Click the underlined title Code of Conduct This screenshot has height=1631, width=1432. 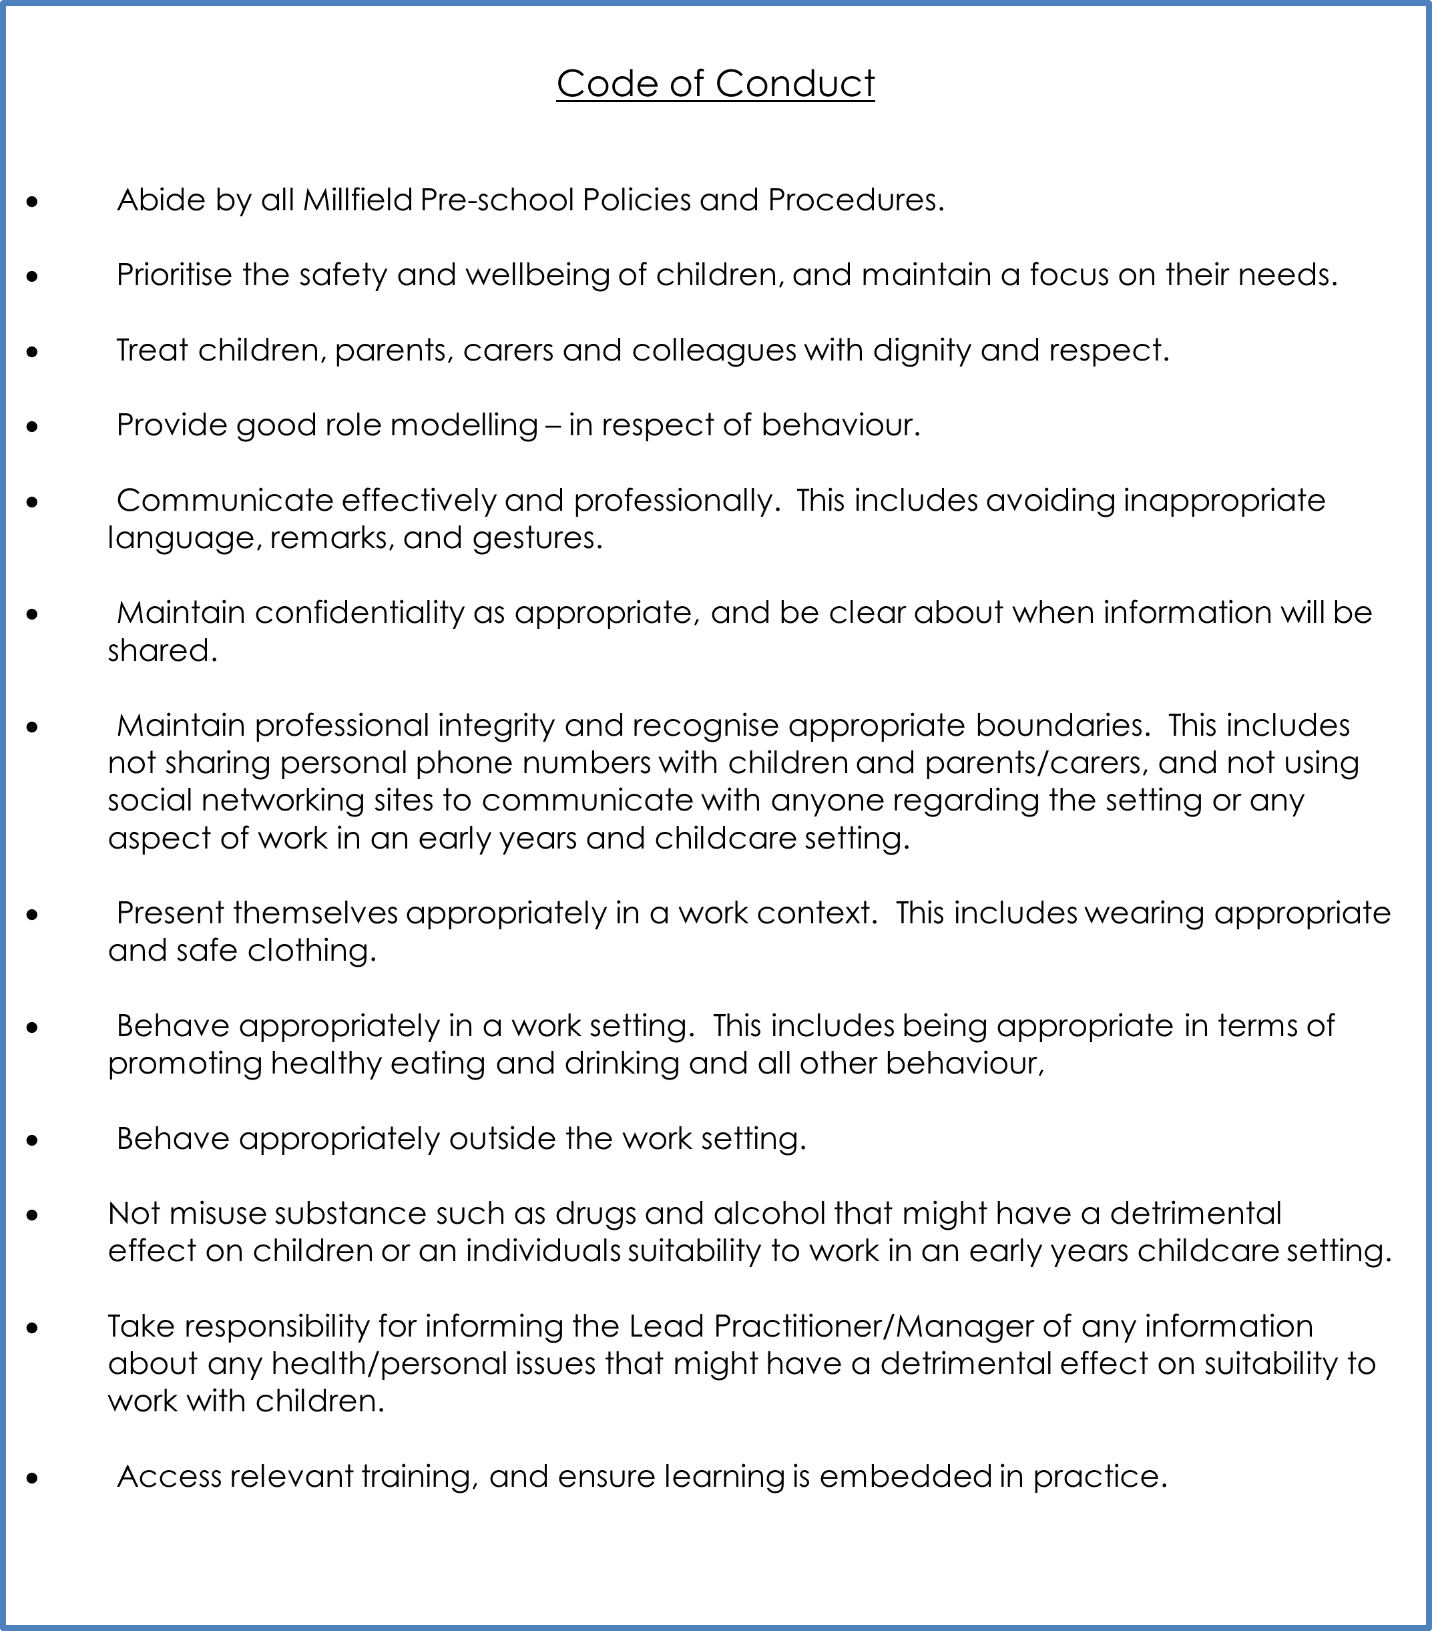tap(715, 83)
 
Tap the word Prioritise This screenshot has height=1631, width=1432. tap(175, 275)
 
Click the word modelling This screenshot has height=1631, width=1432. tap(463, 425)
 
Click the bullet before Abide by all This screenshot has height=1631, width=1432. tap(32, 201)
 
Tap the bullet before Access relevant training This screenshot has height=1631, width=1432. tap(32, 1479)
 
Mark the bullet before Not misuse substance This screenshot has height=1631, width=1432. tap(32, 1215)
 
